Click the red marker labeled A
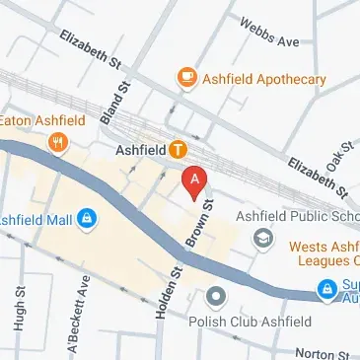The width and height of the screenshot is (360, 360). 195,181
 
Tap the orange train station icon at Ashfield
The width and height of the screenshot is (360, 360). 178,150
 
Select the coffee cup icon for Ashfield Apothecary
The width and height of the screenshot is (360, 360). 185,77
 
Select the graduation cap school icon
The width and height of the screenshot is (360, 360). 263,238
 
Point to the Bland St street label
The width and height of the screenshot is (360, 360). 115,103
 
